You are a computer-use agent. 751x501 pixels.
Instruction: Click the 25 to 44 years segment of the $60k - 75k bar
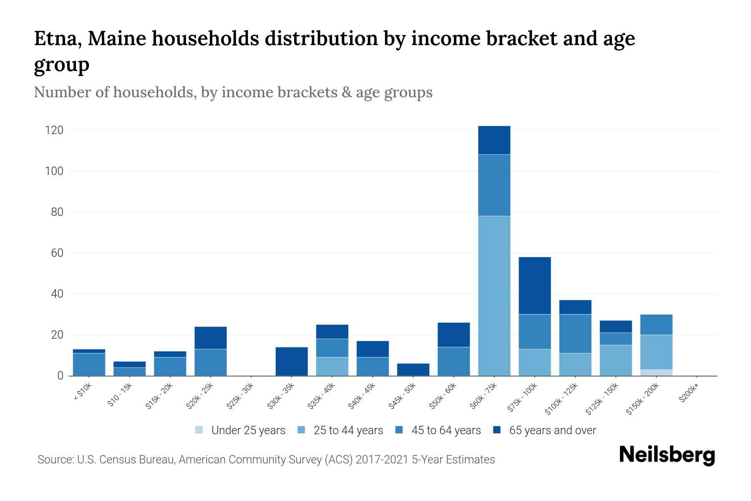coord(494,296)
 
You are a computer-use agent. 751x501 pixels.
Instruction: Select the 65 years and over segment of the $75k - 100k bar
coord(534,286)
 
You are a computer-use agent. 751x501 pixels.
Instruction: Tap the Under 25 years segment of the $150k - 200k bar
coord(656,372)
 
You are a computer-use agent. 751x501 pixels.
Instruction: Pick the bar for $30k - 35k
coord(292,361)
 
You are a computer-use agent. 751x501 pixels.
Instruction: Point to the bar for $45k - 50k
coord(413,369)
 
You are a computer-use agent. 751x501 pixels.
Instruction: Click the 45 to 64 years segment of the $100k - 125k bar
coord(575,334)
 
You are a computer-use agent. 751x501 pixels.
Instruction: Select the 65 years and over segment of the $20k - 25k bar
coord(211,338)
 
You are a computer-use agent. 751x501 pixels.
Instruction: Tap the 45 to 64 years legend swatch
coord(399,430)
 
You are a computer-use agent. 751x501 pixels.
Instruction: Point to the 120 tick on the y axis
coord(54,130)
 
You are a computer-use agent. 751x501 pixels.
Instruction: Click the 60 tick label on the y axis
coord(58,253)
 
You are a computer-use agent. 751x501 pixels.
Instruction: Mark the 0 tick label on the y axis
coord(60,376)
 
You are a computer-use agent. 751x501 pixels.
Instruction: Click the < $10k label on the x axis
coord(83,392)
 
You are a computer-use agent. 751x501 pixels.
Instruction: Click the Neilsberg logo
coord(667,455)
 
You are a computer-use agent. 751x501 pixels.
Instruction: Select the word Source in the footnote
coord(54,460)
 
